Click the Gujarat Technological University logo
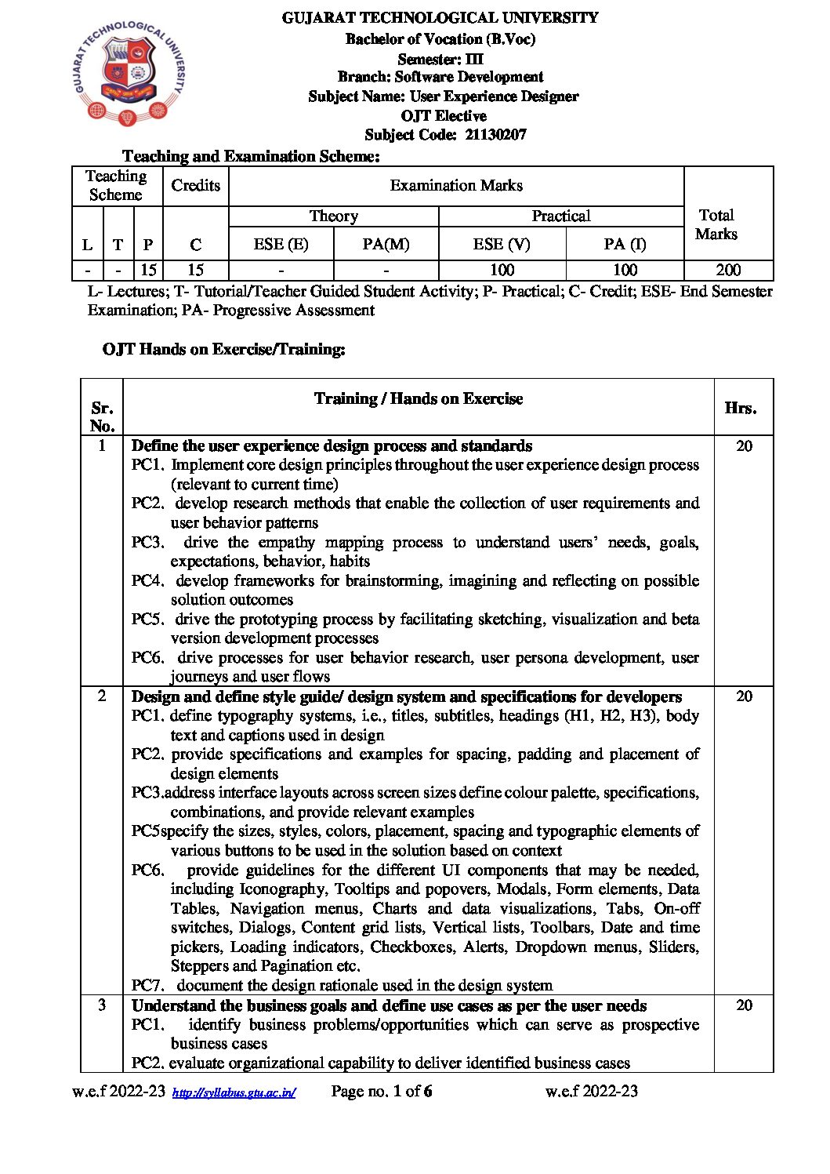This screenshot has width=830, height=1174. (130, 75)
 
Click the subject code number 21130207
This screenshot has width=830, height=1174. (495, 135)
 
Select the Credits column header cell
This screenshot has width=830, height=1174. (195, 186)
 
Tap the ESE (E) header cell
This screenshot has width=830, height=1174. (281, 244)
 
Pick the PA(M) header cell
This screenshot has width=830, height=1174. (386, 244)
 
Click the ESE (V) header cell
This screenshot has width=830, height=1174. (502, 244)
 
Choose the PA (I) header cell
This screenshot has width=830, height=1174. (625, 244)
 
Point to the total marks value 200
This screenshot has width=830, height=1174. (728, 271)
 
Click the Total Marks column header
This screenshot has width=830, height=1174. (716, 224)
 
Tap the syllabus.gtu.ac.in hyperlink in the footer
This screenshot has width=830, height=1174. (234, 1092)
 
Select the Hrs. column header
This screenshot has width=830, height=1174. (741, 408)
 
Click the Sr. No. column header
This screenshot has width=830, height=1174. (102, 416)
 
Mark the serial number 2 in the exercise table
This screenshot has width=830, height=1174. (102, 696)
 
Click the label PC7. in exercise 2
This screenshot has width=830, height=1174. (147, 985)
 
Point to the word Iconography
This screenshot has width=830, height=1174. (282, 889)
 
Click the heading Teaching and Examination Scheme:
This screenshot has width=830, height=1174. (251, 156)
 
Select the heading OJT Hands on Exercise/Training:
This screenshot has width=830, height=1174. (223, 349)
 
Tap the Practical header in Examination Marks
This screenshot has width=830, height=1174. (560, 216)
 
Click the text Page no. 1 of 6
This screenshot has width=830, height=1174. (382, 1091)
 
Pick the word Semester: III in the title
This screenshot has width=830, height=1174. (440, 59)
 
